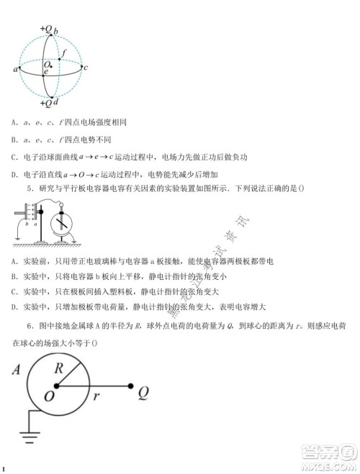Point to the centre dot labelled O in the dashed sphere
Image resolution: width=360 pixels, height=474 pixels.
click(x=50, y=66)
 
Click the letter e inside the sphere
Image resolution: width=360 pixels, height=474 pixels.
click(x=45, y=73)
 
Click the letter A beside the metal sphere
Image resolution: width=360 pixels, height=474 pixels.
click(x=16, y=371)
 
